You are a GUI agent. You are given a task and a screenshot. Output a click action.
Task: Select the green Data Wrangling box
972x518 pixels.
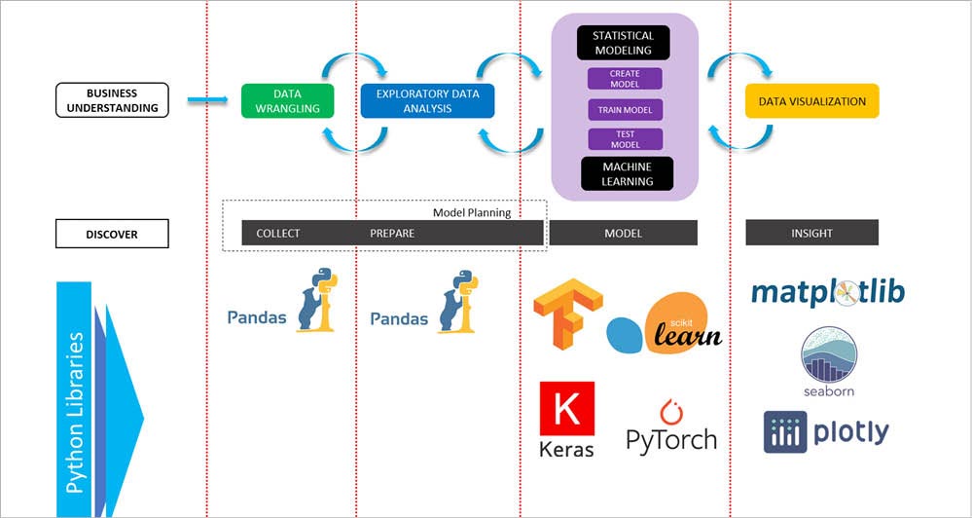point(287,100)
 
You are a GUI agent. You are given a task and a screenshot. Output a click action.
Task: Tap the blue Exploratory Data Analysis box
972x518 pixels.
point(427,100)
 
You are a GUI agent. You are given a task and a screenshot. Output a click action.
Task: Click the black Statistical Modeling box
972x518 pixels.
point(623,43)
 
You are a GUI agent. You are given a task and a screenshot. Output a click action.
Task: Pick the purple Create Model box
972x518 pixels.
point(624,79)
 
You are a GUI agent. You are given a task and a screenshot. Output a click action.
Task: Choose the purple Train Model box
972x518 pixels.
point(624,109)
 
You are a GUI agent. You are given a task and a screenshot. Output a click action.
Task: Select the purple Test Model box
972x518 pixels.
point(624,138)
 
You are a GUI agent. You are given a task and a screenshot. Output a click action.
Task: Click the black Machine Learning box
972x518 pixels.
point(627,173)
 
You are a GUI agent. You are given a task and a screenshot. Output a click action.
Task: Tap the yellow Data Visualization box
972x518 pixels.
point(811,101)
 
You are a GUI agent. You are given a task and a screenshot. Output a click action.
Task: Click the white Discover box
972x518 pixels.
point(112,234)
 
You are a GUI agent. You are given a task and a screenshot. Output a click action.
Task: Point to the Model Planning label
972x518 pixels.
point(471,212)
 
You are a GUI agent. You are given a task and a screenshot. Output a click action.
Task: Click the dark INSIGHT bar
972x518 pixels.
point(811,233)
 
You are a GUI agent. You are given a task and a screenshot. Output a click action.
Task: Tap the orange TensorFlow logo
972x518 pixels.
point(568,314)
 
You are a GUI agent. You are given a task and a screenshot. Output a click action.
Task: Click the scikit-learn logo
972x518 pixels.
point(666,322)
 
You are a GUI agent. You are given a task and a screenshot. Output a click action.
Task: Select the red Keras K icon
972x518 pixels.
point(566,409)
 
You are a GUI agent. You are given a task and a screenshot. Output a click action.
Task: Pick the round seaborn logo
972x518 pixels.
point(828,356)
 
